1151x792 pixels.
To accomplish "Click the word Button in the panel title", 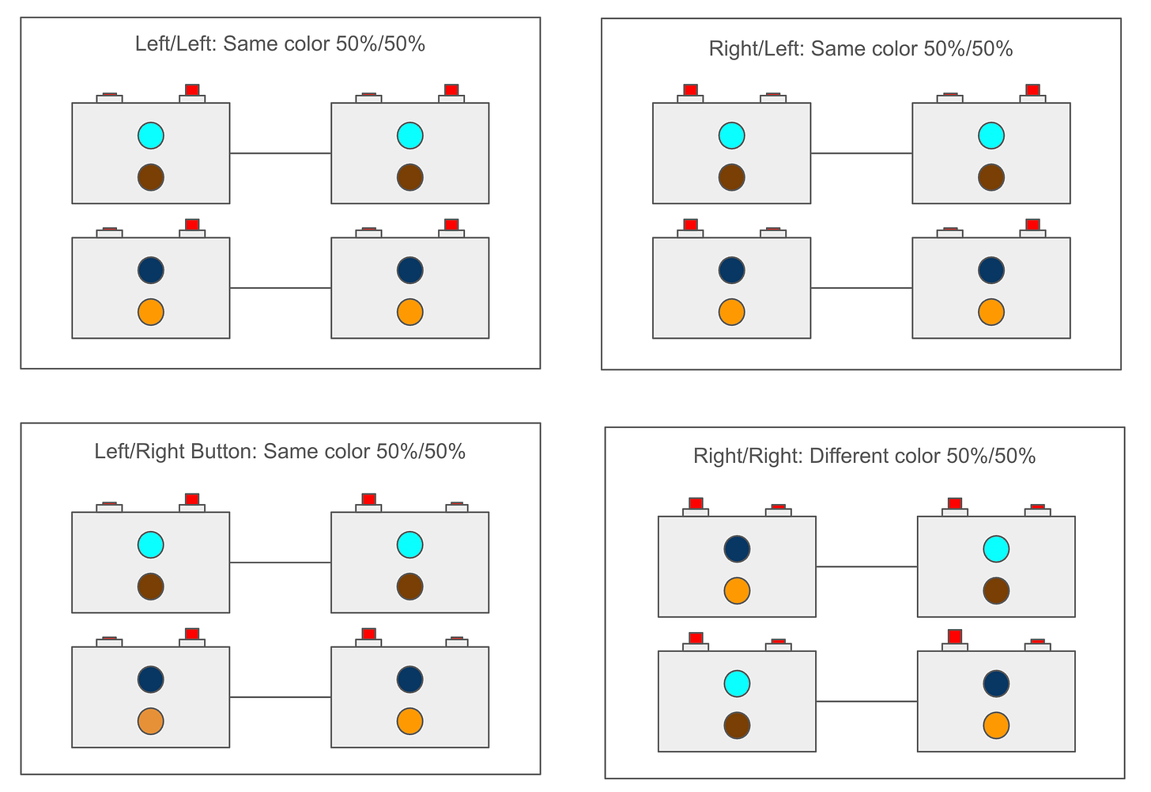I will (225, 452).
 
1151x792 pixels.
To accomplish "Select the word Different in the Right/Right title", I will (849, 457).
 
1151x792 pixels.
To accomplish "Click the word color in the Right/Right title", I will (914, 457).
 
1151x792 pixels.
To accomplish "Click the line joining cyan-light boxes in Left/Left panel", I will (280, 153).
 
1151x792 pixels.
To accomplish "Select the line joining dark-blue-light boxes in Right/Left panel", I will (861, 288).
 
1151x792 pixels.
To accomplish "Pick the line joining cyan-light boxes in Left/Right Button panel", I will (280, 563).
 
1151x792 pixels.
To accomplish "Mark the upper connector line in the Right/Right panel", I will (866, 567).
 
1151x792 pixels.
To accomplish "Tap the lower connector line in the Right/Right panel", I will (866, 701).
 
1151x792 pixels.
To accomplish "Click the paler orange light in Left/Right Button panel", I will (150, 721).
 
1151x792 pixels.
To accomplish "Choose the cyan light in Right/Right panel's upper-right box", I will (995, 548).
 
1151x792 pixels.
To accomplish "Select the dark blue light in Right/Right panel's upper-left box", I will (737, 548).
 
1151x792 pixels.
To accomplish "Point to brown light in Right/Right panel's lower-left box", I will (737, 725).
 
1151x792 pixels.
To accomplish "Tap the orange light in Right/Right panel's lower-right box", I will (995, 725).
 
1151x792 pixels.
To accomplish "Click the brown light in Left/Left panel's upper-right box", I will (409, 177).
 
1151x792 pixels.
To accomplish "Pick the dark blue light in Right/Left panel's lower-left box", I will (731, 270).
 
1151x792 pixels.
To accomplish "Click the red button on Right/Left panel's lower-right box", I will (1032, 225).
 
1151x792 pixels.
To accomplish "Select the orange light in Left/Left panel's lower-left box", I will (150, 312).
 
